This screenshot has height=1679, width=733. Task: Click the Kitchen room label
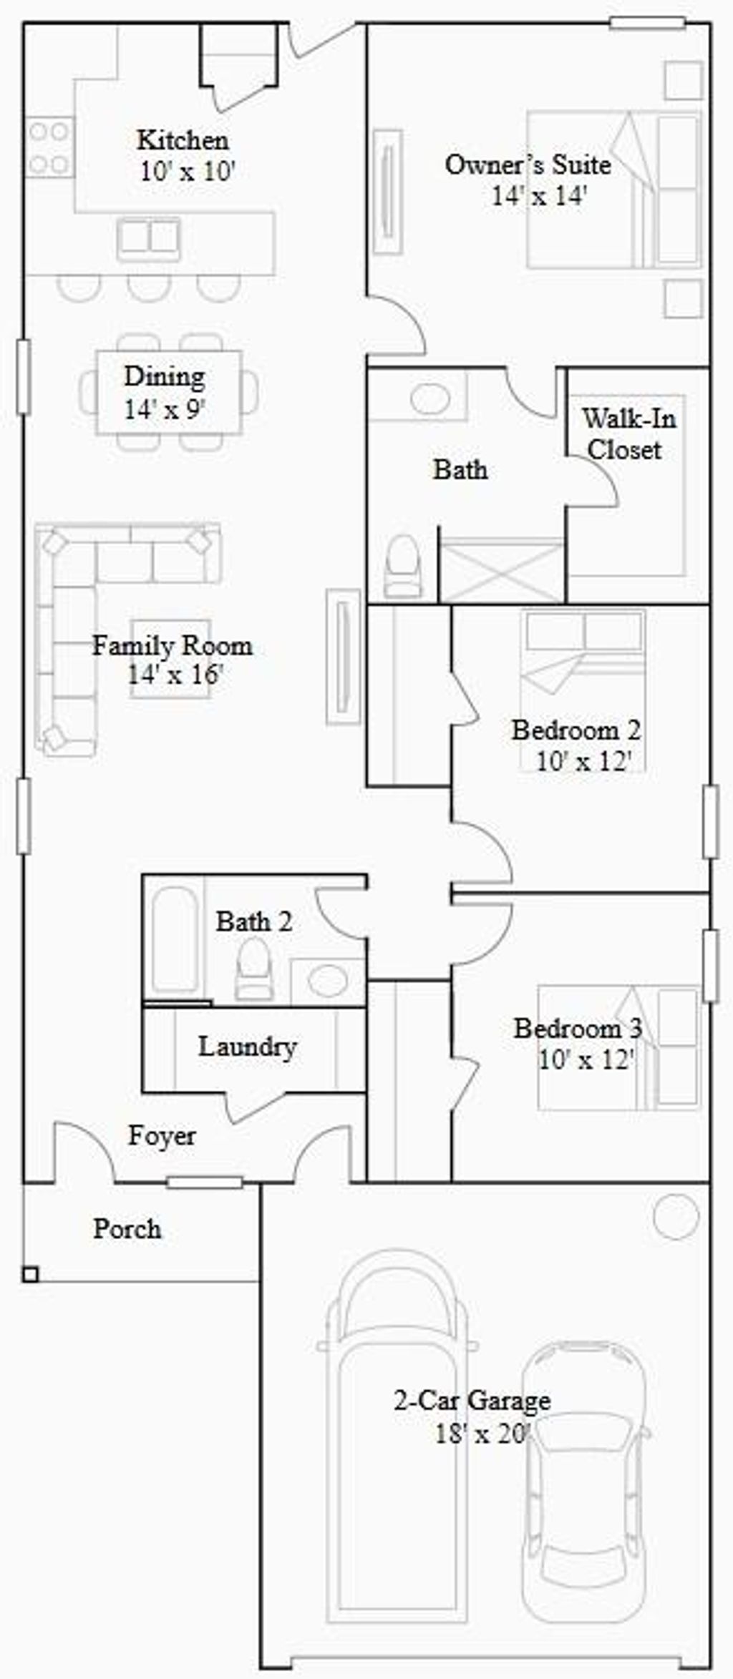[x=183, y=140]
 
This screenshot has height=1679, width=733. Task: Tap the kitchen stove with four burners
[x=49, y=148]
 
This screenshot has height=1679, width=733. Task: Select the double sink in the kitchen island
[x=149, y=236]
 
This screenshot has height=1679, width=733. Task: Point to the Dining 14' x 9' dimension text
[x=165, y=409]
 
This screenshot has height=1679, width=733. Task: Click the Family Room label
[x=173, y=646]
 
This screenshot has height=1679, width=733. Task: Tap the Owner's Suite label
[x=528, y=165]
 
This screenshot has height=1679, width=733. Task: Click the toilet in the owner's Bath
[x=402, y=564]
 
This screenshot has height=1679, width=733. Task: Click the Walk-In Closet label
[x=628, y=434]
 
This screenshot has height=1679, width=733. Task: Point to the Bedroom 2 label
[x=576, y=730]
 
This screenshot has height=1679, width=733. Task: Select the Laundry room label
[x=248, y=1047]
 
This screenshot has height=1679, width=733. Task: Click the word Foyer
[x=162, y=1135]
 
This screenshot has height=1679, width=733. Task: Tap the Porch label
[x=127, y=1229]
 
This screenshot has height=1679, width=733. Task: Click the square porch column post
[x=30, y=1274]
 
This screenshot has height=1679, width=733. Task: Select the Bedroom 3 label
[x=578, y=1029]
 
